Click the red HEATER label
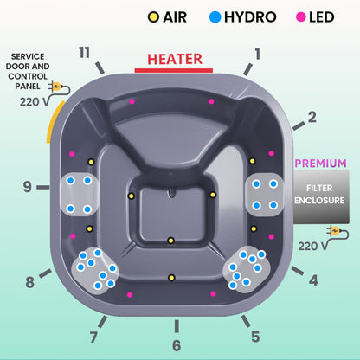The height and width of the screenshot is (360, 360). [x=175, y=59]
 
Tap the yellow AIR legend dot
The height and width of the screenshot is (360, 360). [x=154, y=16]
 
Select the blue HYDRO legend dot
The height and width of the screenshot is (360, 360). [x=214, y=16]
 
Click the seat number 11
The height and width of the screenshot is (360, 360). [x=83, y=53]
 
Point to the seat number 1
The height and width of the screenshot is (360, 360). [x=256, y=53]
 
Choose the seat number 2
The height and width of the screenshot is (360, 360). [x=312, y=116]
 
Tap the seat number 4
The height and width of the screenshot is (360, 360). [x=313, y=280]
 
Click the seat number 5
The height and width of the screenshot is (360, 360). [x=254, y=337]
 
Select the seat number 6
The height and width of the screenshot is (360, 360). [x=177, y=346]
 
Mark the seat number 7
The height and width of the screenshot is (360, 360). [x=93, y=336]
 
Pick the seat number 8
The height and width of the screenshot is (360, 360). [x=30, y=281]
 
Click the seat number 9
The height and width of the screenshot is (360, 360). [x=28, y=185]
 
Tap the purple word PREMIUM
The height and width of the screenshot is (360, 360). [x=321, y=163]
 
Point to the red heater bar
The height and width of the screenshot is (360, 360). [x=175, y=70]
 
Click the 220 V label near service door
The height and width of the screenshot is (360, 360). [x=30, y=100]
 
